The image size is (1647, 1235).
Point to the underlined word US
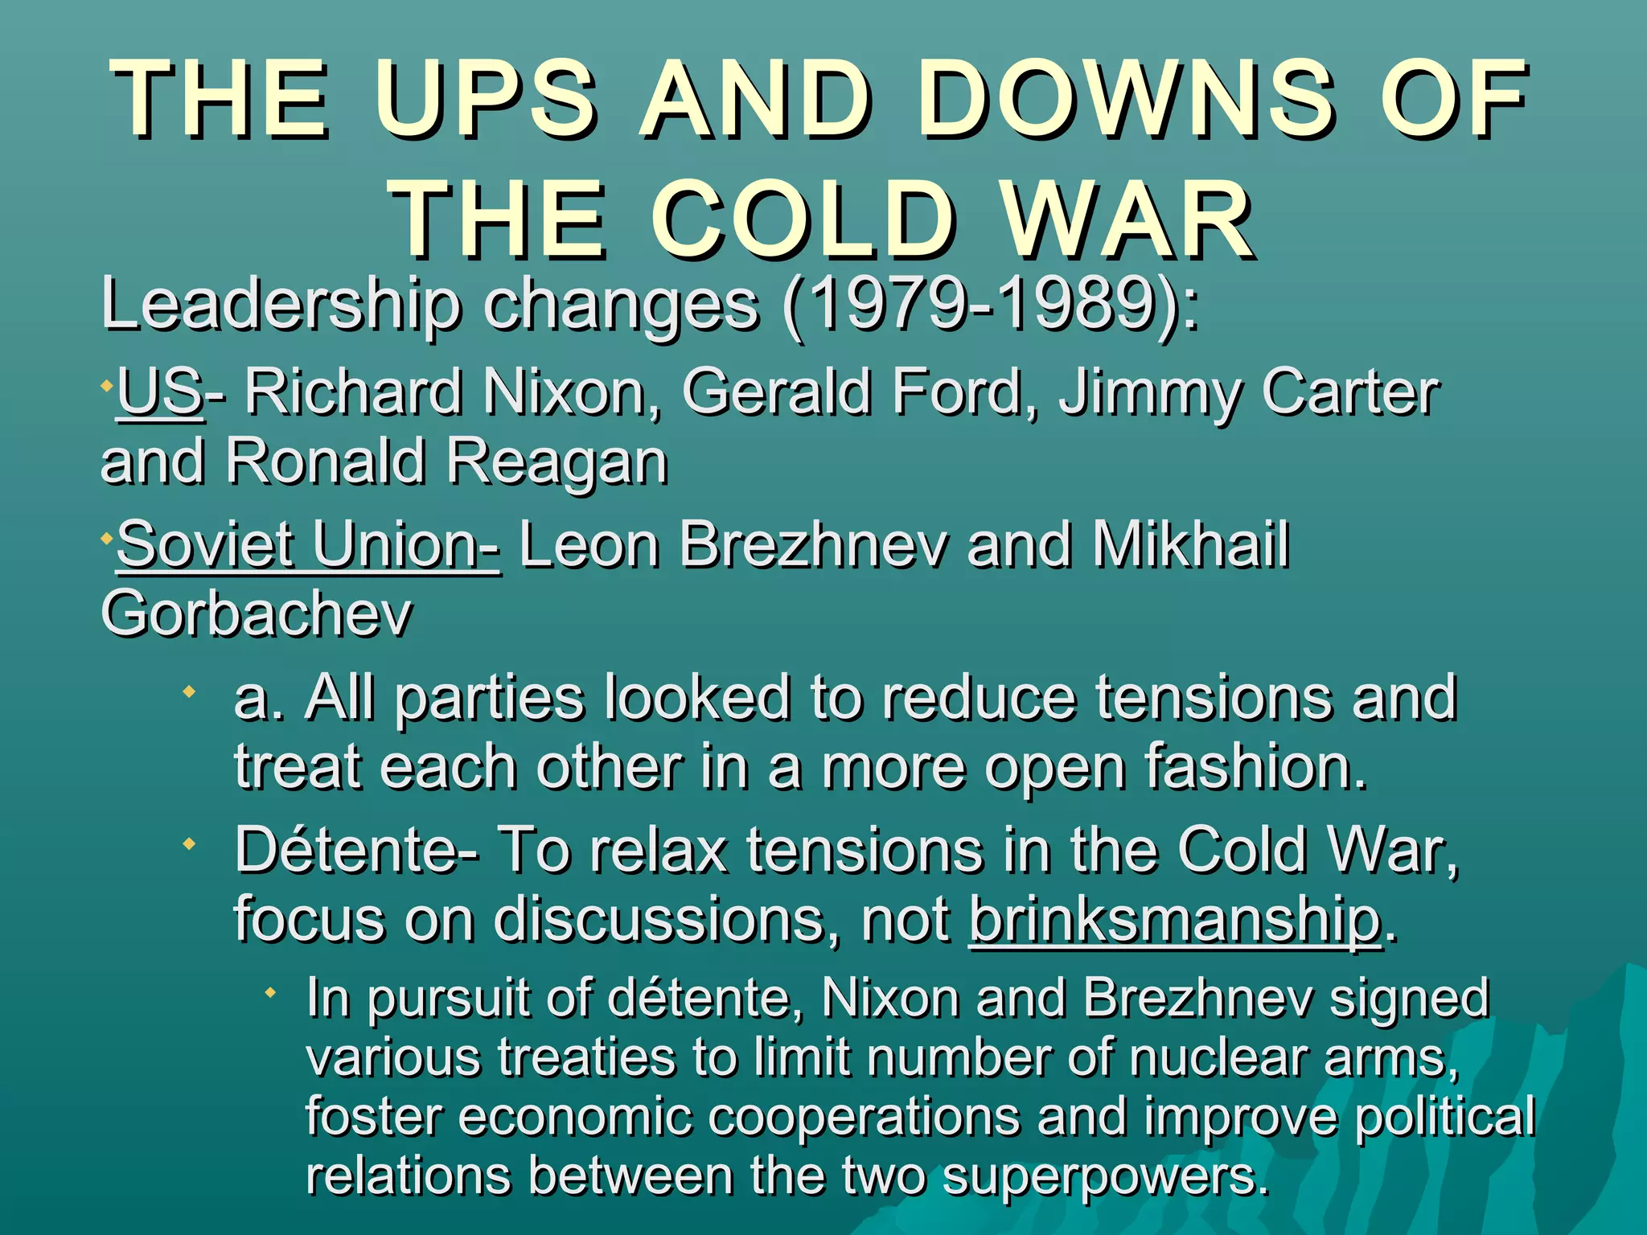click(x=159, y=392)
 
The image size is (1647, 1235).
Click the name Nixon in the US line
click(x=572, y=392)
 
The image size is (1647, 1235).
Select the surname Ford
click(x=964, y=392)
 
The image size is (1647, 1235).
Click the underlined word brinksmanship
click(x=1176, y=921)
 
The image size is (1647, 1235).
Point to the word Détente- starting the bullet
click(x=357, y=850)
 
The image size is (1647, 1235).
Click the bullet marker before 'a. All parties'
click(x=190, y=691)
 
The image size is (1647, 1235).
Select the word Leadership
click(x=281, y=306)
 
